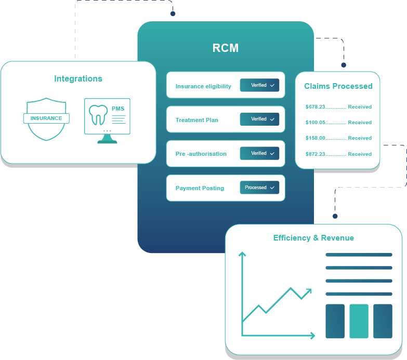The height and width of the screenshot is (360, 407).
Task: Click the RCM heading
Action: click(x=226, y=48)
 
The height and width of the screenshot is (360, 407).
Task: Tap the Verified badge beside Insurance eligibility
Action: click(x=259, y=85)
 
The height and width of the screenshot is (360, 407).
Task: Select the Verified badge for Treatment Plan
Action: click(x=259, y=119)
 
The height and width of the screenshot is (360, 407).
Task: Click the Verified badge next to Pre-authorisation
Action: click(x=259, y=153)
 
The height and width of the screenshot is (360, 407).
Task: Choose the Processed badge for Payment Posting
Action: click(x=259, y=188)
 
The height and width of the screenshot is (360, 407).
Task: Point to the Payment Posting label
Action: click(x=200, y=188)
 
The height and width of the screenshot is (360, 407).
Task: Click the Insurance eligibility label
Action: click(x=203, y=86)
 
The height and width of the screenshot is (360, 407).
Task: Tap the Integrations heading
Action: click(x=78, y=79)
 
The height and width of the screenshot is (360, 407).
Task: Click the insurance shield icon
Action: click(x=46, y=118)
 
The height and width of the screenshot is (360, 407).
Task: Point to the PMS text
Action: click(x=118, y=109)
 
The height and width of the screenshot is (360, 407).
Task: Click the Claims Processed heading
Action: click(x=338, y=86)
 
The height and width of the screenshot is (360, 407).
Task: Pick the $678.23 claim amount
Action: click(x=316, y=107)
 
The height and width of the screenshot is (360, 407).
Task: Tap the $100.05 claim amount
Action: click(x=316, y=123)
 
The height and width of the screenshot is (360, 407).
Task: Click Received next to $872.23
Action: click(x=360, y=154)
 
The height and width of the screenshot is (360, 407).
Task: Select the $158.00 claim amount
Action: click(x=316, y=138)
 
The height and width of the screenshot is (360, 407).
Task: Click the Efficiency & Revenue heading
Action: click(x=313, y=238)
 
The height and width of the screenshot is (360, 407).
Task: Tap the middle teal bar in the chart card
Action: click(x=359, y=321)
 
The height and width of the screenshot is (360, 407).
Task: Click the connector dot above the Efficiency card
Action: click(x=335, y=216)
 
